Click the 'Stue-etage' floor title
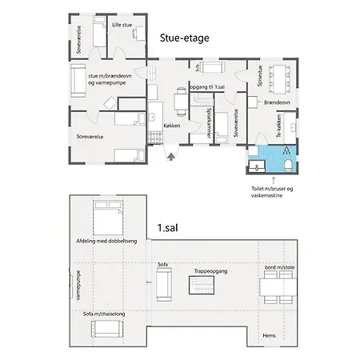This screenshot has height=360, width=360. click(184, 38)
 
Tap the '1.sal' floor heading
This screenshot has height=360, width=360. click(167, 228)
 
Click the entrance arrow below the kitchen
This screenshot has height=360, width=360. click(171, 156)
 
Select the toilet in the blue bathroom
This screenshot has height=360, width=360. click(288, 166)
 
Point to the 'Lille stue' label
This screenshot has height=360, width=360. click(122, 25)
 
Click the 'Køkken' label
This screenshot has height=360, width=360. click(172, 126)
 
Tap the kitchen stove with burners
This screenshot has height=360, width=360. click(155, 137)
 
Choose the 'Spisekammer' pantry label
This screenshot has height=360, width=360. click(209, 123)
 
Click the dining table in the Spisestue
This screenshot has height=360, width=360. click(280, 79)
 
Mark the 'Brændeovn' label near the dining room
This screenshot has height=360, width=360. click(277, 102)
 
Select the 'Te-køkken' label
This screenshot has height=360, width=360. click(279, 126)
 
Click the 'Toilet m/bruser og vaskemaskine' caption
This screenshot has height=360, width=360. click(272, 192)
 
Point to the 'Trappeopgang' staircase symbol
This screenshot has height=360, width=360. click(202, 286)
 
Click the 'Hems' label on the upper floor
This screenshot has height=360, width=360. click(269, 335)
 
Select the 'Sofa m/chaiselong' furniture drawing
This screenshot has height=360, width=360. click(107, 329)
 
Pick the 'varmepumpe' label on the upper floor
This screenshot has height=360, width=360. click(78, 286)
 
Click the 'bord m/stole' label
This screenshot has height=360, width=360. click(279, 267)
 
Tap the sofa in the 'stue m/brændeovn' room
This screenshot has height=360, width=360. click(78, 81)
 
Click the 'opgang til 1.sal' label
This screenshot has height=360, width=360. click(207, 87)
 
